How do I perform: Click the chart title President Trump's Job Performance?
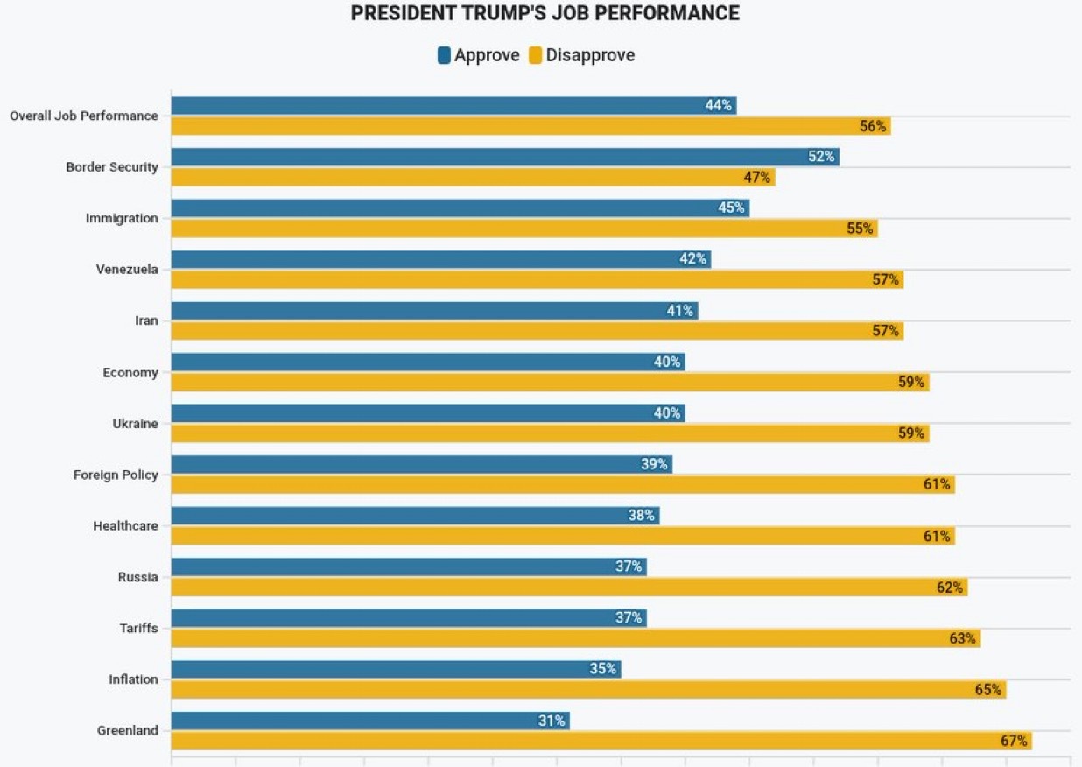point(545,13)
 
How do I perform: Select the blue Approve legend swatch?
point(444,55)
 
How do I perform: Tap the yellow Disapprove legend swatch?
point(536,55)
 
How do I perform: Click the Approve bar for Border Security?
point(504,157)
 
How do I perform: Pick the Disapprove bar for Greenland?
point(601,742)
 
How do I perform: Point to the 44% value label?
point(718,106)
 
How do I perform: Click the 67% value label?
point(1014,742)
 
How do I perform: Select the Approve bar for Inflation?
point(396,670)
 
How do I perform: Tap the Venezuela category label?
point(127,270)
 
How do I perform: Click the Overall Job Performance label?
point(84,116)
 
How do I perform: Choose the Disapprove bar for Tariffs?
point(575,639)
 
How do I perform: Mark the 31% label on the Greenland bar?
point(552,721)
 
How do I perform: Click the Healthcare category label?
point(125,526)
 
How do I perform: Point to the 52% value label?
point(821,157)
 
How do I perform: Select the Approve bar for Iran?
point(434,311)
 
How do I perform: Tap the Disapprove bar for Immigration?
point(523,229)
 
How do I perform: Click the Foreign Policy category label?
point(116,475)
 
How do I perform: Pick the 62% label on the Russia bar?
point(950,588)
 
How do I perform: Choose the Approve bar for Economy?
point(427,362)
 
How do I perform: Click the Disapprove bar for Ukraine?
point(550,433)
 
